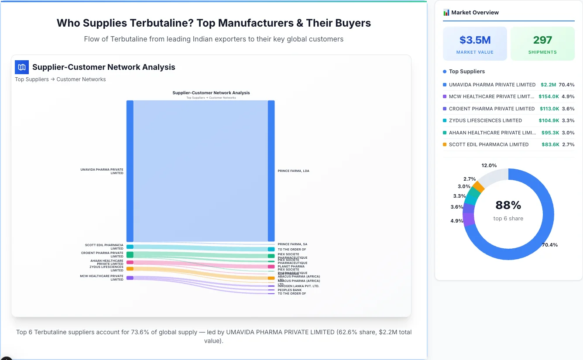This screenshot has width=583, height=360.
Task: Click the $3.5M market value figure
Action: pyautogui.click(x=475, y=40)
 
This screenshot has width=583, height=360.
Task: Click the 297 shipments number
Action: pyautogui.click(x=542, y=40)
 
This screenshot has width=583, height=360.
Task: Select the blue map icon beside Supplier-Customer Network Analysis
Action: pyautogui.click(x=22, y=67)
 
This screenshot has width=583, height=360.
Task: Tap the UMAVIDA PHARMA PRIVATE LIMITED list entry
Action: pyautogui.click(x=492, y=85)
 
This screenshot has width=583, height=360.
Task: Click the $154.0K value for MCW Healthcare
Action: pyautogui.click(x=549, y=96)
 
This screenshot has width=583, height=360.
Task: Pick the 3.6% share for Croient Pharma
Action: pyautogui.click(x=568, y=109)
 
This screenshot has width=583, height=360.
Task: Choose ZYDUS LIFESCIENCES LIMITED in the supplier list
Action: pyautogui.click(x=485, y=120)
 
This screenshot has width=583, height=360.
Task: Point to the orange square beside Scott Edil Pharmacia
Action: pyautogui.click(x=445, y=144)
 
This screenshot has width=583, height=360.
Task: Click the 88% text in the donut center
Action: pyautogui.click(x=508, y=205)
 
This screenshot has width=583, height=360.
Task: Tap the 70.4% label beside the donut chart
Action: pyautogui.click(x=549, y=245)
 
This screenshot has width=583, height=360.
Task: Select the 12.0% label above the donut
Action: pyautogui.click(x=489, y=165)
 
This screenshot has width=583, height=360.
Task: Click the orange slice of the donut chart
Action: pyautogui.click(x=478, y=187)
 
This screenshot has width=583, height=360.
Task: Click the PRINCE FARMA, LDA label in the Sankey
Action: pyautogui.click(x=293, y=171)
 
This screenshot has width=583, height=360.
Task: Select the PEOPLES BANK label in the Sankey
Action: pyautogui.click(x=289, y=290)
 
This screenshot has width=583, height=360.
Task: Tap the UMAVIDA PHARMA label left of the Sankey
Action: pyautogui.click(x=102, y=171)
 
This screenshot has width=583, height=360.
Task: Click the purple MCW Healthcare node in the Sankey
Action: pyautogui.click(x=130, y=278)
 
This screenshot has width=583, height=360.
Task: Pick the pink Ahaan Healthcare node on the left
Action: pyautogui.click(x=130, y=262)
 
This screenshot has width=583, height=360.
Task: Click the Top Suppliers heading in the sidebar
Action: pyautogui.click(x=466, y=72)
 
